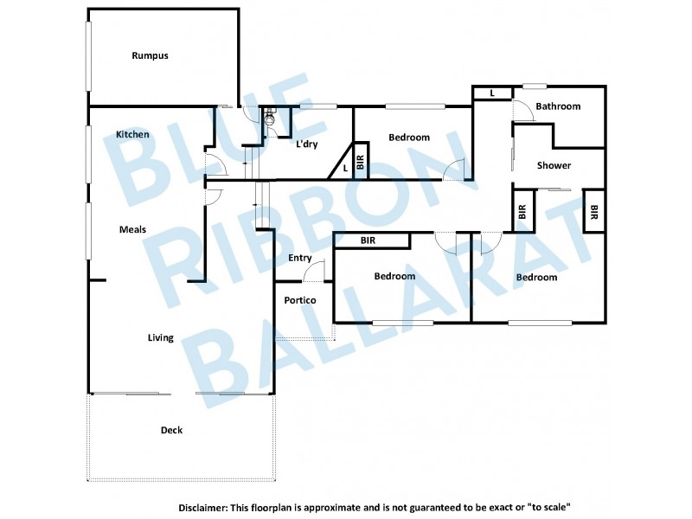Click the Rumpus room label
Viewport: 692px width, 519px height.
tap(150, 55)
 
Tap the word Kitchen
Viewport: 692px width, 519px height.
tap(132, 134)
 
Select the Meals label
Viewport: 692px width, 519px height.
tap(132, 229)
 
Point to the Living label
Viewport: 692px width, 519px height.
tap(160, 337)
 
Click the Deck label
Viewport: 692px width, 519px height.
tap(171, 430)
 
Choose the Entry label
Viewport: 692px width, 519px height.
tap(299, 258)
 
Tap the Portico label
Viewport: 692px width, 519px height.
tap(299, 300)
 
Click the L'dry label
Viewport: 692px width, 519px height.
tap(307, 144)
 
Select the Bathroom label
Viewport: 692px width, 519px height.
tap(558, 106)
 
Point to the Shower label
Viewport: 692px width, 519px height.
tap(554, 165)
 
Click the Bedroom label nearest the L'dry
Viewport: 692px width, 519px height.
tap(409, 138)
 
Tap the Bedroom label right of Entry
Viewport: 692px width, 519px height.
tap(394, 277)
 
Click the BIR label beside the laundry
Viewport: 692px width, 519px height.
tap(361, 162)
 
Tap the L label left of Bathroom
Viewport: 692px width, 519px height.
tap(492, 93)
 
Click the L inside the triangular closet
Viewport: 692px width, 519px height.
tap(346, 169)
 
